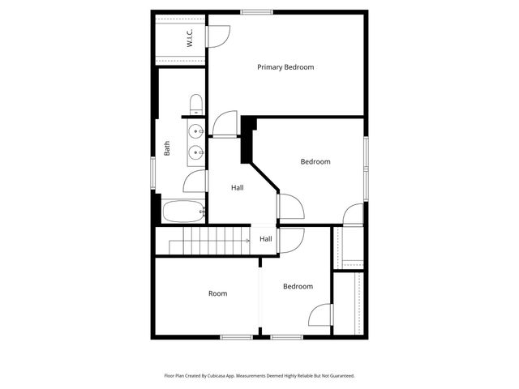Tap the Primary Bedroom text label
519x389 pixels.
285,67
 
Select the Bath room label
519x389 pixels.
167,149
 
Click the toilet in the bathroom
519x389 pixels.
195,103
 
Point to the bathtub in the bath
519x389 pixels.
181,212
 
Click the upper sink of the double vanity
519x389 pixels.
195,130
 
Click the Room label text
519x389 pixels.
217,293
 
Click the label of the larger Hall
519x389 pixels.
237,187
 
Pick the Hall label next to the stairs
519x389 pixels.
266,239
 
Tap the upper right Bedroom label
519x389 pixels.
315,161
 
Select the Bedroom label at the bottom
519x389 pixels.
298,286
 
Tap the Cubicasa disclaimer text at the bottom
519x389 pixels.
259,376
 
